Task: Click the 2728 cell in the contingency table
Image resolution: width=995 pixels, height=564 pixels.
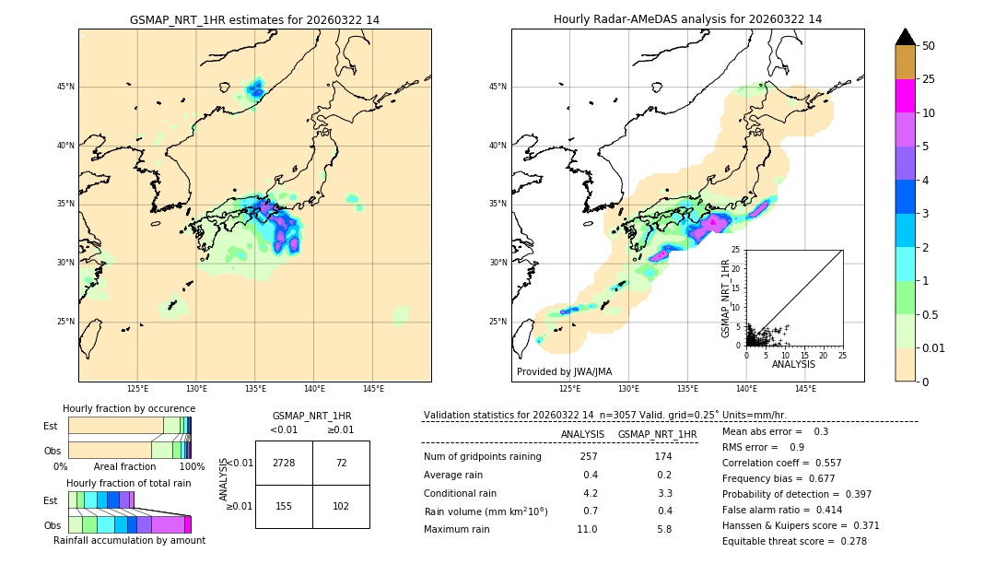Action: click(284, 463)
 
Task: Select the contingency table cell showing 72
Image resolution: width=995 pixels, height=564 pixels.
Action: click(341, 463)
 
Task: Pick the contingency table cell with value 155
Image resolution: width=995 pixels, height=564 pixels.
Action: click(284, 506)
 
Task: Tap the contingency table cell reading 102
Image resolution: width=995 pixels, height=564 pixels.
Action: click(341, 506)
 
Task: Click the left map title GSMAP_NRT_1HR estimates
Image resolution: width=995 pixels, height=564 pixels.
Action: click(254, 19)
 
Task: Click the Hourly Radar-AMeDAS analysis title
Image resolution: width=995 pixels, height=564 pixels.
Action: click(687, 19)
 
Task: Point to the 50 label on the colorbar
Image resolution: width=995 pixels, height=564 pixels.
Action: click(929, 46)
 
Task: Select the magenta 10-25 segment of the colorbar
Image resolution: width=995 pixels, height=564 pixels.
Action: click(905, 96)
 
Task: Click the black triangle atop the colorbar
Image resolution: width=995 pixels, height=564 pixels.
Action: click(905, 37)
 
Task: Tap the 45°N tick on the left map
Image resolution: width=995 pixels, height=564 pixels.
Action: click(65, 87)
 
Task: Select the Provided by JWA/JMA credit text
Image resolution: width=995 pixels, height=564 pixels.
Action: click(564, 371)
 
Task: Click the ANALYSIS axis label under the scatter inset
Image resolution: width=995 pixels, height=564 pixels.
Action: click(793, 365)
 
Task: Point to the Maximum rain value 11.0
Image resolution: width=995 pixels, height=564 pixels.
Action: click(588, 529)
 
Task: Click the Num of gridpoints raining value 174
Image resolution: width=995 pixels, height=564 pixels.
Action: click(663, 456)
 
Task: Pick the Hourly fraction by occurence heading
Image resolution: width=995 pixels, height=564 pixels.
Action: click(129, 408)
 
